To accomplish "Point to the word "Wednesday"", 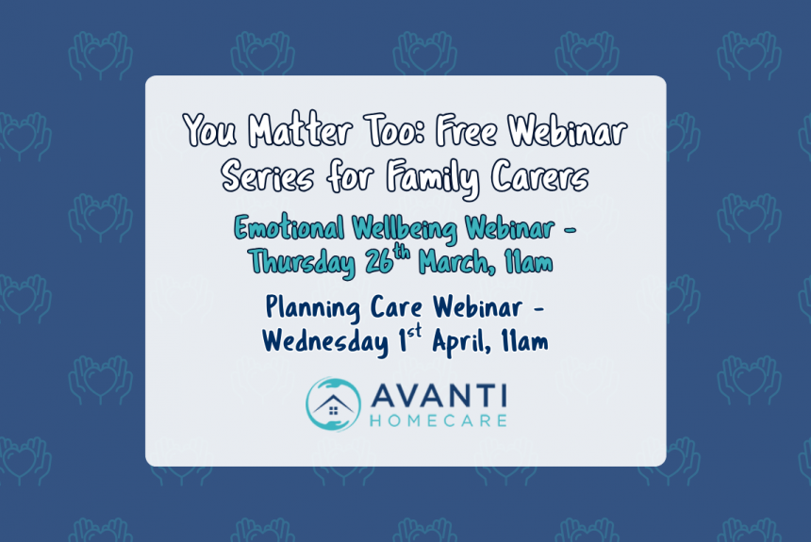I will click(x=324, y=341).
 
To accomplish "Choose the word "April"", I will click(x=459, y=341).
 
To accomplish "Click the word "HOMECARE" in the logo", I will click(x=439, y=419).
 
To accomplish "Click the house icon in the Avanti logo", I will click(x=333, y=406).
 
